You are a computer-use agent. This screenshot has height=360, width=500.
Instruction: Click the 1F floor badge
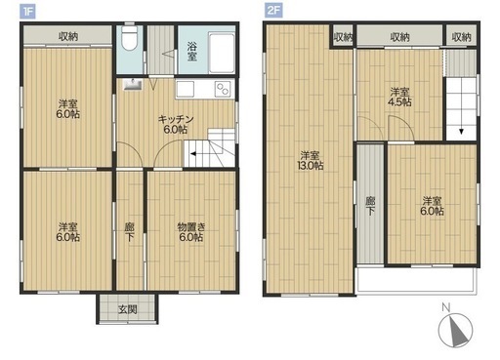coord(27,12)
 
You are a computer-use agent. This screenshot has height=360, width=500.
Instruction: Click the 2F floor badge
coord(273,11)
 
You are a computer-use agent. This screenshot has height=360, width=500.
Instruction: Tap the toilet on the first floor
coord(130,38)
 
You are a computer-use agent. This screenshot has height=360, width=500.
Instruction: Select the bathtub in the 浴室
coord(222,53)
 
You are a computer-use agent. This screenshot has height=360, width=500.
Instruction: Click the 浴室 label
coord(192,52)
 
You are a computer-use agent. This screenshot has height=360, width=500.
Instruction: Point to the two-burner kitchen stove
coord(224,89)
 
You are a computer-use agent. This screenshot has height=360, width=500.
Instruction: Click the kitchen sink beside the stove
coord(186,89)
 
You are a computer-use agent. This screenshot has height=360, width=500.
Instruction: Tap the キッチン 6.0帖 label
coord(176,125)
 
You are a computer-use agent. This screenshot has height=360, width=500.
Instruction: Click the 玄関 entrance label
coord(127,309)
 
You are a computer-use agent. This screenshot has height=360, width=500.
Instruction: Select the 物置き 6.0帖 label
coord(191,232)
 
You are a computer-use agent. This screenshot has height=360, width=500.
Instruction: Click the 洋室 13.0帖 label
coord(310,160)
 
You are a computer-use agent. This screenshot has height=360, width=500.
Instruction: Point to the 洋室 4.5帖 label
coord(399,97)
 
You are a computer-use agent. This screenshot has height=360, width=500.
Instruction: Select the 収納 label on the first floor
coord(68,36)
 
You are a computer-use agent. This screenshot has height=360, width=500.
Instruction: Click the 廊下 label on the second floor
coord(370,206)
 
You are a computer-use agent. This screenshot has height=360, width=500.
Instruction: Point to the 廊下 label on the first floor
coord(130,232)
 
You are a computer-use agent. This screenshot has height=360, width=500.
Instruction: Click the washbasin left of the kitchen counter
coord(132,84)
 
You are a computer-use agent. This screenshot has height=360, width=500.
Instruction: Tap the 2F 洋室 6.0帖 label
coord(432,206)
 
